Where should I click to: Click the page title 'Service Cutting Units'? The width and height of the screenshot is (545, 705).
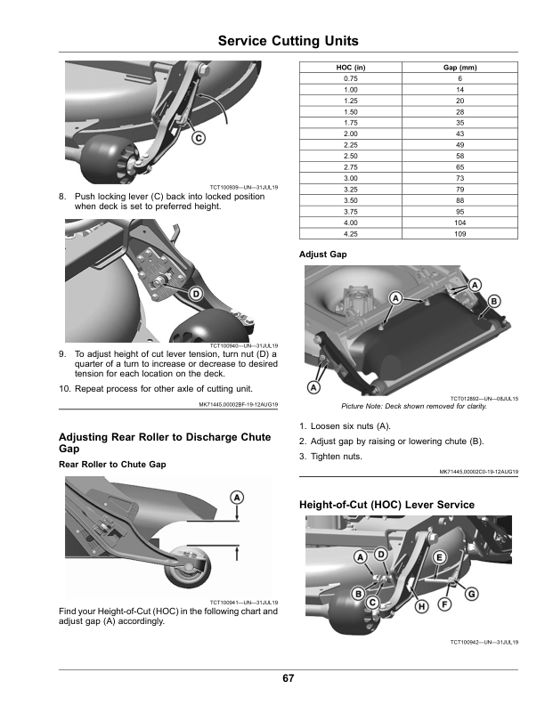click(288, 41)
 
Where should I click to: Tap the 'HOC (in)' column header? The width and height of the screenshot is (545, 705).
click(350, 68)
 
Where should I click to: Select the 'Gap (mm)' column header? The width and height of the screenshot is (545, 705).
click(460, 68)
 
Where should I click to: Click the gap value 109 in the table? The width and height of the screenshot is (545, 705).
click(460, 233)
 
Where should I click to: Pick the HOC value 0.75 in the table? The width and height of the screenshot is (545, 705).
click(350, 78)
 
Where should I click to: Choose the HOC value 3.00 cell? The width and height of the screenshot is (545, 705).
click(350, 178)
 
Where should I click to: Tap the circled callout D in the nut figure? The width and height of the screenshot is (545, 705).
click(194, 294)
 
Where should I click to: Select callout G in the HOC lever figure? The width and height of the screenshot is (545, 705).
click(471, 593)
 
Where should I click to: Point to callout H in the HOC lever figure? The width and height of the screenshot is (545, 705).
click(421, 605)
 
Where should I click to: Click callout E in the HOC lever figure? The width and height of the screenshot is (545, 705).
click(440, 556)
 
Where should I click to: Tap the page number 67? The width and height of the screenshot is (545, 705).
click(288, 678)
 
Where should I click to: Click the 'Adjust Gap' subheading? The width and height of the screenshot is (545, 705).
click(323, 255)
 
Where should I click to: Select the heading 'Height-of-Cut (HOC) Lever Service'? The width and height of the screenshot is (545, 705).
click(386, 505)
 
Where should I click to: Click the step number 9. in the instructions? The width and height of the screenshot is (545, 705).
click(62, 353)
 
